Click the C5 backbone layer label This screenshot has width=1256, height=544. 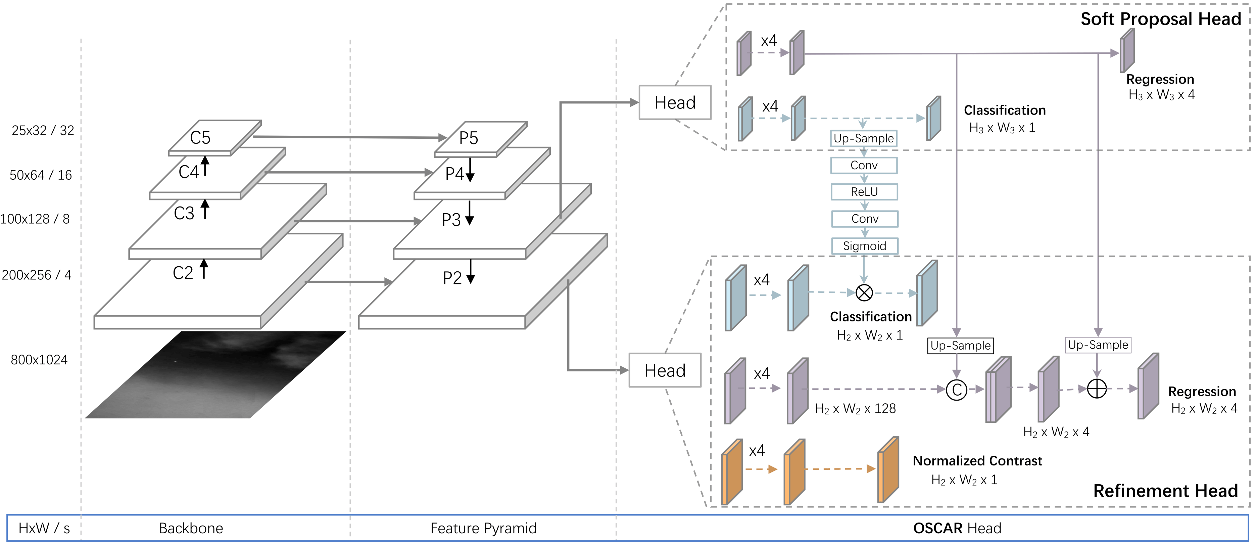(x=200, y=138)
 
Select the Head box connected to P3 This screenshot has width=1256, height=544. (x=675, y=102)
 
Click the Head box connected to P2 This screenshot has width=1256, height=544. (x=665, y=370)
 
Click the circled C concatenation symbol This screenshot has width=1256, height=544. (x=956, y=390)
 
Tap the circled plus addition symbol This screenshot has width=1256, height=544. (x=1097, y=389)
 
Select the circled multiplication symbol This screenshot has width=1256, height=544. (x=864, y=293)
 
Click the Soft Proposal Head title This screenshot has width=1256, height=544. (x=1160, y=19)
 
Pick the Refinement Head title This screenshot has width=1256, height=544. (x=1165, y=490)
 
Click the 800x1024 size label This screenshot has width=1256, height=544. (x=39, y=360)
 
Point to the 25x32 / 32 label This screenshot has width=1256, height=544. (x=43, y=131)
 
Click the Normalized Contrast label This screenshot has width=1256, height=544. (x=977, y=461)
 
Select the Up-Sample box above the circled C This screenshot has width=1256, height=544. (x=960, y=346)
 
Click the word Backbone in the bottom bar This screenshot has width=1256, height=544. (x=191, y=529)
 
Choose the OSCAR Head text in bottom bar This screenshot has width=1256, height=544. (x=957, y=529)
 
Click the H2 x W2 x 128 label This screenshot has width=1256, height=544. (x=855, y=409)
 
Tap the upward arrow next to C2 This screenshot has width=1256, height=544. (x=204, y=269)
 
